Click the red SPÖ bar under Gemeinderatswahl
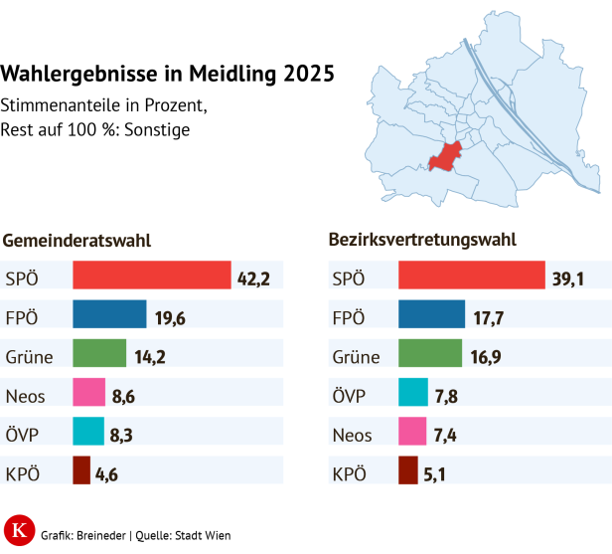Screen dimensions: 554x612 click(x=151, y=276)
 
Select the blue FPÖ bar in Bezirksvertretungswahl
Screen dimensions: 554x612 click(x=431, y=314)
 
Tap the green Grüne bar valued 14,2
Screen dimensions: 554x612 click(x=99, y=353)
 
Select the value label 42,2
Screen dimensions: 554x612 click(x=253, y=277)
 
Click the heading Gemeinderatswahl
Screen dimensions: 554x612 click(x=77, y=241)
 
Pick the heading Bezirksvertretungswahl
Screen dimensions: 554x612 click(x=422, y=241)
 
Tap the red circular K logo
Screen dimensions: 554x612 click(x=18, y=531)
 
